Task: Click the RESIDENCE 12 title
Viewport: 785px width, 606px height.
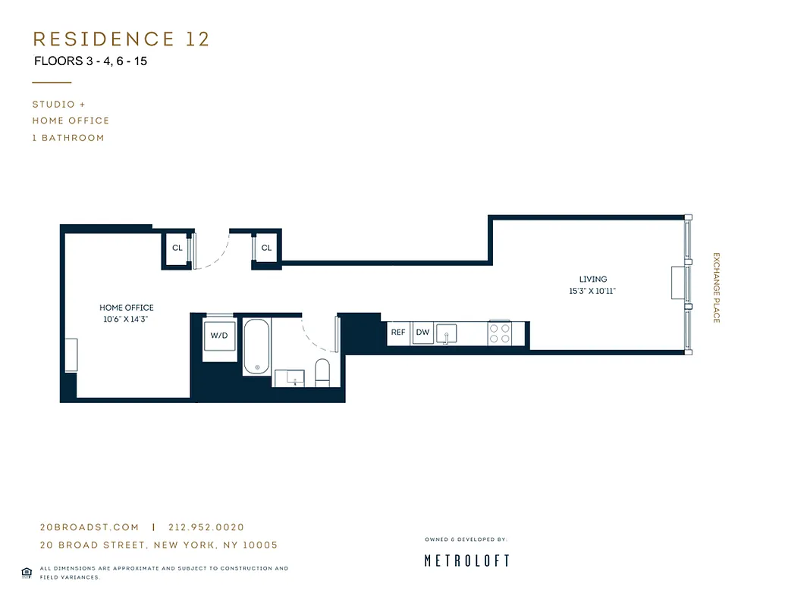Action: (121, 39)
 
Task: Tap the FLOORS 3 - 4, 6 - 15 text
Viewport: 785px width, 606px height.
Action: (90, 61)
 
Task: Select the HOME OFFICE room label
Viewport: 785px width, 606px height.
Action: (126, 308)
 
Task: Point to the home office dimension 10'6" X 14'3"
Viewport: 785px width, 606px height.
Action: (126, 320)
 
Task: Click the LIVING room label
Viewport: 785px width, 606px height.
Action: (592, 279)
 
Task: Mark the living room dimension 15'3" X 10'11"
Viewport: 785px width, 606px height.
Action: (592, 291)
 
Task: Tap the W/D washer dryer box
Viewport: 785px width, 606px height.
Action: (218, 336)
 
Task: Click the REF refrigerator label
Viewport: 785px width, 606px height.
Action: (398, 332)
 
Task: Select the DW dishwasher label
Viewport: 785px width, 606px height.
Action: (422, 332)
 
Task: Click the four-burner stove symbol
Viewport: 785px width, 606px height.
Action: (499, 333)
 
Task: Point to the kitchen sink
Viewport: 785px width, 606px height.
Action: (447, 333)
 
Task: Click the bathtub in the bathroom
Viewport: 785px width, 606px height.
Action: (257, 347)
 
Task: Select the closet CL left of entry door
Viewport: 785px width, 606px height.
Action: (177, 248)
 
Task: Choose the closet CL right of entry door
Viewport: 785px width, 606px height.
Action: (266, 248)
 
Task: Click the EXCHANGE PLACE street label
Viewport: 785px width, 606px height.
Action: (715, 288)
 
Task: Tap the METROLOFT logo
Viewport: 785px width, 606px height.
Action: (466, 561)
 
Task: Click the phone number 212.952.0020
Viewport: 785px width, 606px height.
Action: (206, 527)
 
